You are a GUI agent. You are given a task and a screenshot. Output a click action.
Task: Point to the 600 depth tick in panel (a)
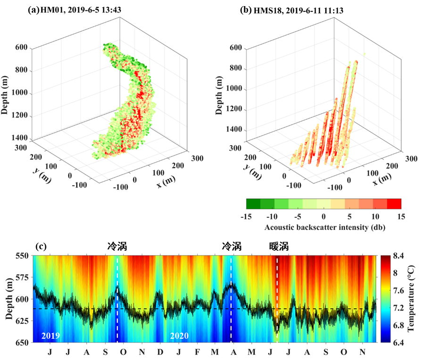(x=22, y=48)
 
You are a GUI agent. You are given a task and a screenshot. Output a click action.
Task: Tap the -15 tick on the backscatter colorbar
(x=247, y=216)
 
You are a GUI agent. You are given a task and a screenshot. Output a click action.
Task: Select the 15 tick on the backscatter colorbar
(x=401, y=216)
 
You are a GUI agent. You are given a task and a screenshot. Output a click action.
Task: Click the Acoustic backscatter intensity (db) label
(x=323, y=227)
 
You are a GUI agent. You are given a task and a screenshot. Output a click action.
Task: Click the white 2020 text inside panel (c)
(x=179, y=336)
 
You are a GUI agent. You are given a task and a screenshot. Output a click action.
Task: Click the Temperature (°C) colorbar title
(x=414, y=299)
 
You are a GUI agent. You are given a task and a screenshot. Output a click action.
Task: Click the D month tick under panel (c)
(x=160, y=352)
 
